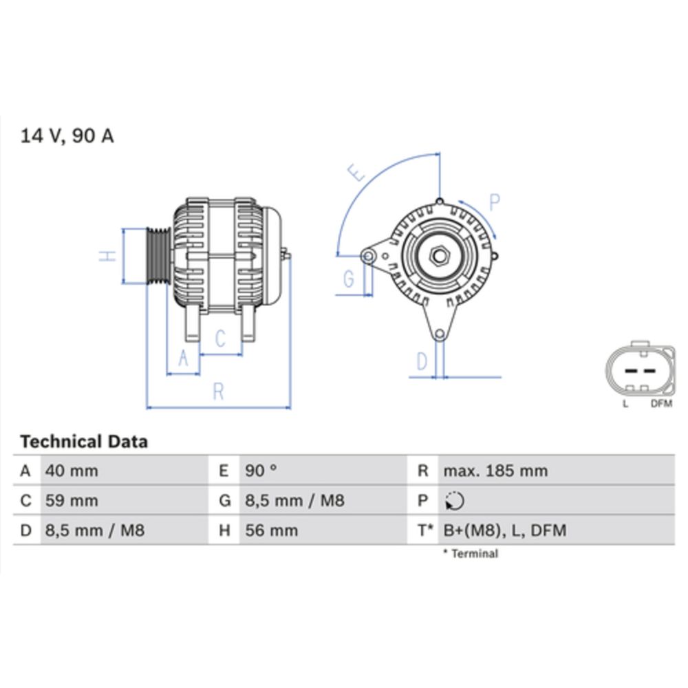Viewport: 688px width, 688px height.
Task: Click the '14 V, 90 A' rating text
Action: coord(67,136)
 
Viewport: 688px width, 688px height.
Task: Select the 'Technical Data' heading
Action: coord(83,441)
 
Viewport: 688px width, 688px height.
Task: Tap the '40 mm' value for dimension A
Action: coord(72,471)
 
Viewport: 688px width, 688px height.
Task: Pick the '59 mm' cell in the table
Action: coord(72,501)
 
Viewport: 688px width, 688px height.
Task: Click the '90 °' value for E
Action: coord(261,471)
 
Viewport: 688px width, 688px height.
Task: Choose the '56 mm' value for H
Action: coord(272,530)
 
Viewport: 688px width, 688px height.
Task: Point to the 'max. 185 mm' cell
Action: coord(495,471)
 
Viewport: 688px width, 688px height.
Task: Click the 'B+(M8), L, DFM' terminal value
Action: coord(505,530)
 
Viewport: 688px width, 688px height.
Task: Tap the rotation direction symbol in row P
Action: coord(455,501)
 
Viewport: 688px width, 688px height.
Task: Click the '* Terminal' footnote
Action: coord(471,554)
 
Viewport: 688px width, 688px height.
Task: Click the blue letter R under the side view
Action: coord(218,391)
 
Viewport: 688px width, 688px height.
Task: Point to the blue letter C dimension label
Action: coord(220,338)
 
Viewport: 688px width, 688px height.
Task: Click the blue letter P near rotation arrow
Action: coord(495,202)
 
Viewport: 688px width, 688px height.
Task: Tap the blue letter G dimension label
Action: coord(349,279)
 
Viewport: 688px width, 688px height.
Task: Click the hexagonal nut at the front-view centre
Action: coord(438,256)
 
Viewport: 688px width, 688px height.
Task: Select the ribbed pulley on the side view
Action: coord(159,255)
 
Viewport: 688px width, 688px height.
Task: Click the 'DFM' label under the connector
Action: coord(660,404)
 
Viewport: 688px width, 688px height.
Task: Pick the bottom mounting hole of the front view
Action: coord(438,335)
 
